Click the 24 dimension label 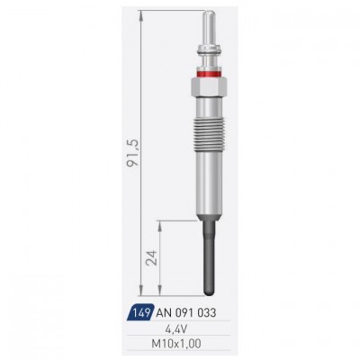(x=151, y=257)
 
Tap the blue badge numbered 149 (x=139, y=312)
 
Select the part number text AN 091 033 (x=186, y=313)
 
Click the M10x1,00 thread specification (x=176, y=344)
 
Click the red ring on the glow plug (x=209, y=73)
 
